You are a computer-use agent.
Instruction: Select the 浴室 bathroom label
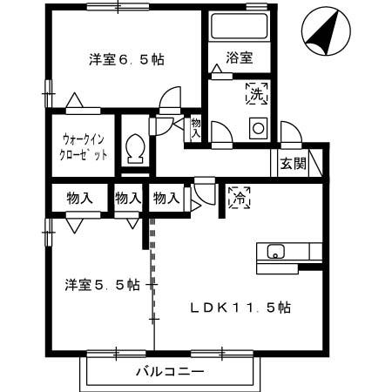click(x=239, y=58)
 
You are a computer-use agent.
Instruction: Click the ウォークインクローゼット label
click(x=84, y=145)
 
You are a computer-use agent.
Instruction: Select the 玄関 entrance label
click(x=293, y=164)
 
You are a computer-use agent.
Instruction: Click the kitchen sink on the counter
click(x=275, y=253)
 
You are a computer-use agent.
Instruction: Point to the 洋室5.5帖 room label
click(x=102, y=285)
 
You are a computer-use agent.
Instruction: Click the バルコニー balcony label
click(x=170, y=373)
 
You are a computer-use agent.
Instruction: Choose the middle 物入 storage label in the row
click(x=128, y=199)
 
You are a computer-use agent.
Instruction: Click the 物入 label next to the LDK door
click(x=166, y=199)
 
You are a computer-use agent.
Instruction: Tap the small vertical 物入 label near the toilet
click(x=196, y=129)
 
